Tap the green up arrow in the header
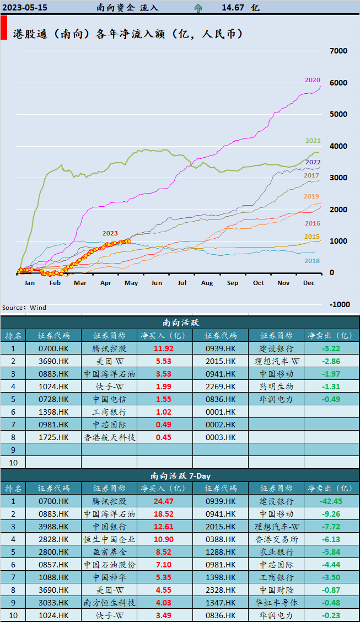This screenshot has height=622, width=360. pos(198,8)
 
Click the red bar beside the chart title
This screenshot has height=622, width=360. pos(4,28)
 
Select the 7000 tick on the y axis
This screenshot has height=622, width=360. pos(338,51)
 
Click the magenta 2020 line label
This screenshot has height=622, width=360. pos(313,80)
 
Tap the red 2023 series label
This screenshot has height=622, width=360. pos(110,233)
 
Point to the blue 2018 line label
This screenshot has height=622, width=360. pos(313,261)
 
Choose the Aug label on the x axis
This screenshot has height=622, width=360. pos(207,282)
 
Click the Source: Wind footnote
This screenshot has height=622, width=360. pos(24,308)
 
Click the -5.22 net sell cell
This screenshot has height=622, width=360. pos(331,348)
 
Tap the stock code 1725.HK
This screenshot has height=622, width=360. pos(53,437)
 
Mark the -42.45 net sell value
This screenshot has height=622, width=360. pos(331,501)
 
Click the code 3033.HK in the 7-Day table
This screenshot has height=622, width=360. pos(53,603)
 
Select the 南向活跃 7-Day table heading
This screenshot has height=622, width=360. pos(180,475)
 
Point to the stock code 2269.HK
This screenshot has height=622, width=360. pos(221,387)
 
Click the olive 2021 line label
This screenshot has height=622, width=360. pos(313,141)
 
